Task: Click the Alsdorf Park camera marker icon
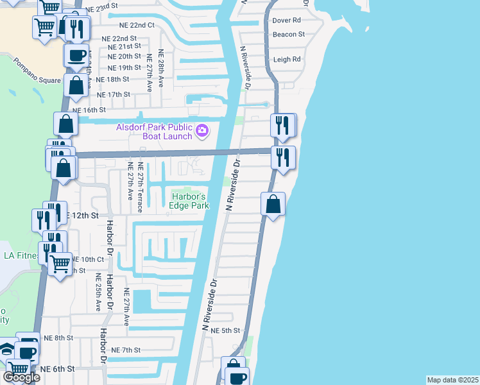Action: tap(202, 131)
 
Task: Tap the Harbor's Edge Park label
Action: tap(189, 201)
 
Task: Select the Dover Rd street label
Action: tap(286, 21)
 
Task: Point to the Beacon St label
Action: tap(288, 34)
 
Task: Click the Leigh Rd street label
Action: tap(287, 60)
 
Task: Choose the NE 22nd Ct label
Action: tap(137, 25)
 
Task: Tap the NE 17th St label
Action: tap(113, 94)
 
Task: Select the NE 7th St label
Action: tap(125, 350)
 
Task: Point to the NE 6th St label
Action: tap(58, 369)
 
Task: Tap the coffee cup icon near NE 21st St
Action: tap(76, 55)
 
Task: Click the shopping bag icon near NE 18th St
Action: tap(76, 85)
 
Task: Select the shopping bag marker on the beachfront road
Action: tap(273, 204)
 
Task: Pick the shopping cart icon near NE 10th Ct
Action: tap(60, 262)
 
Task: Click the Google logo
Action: tap(21, 377)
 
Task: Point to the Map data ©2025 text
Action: tap(453, 380)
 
